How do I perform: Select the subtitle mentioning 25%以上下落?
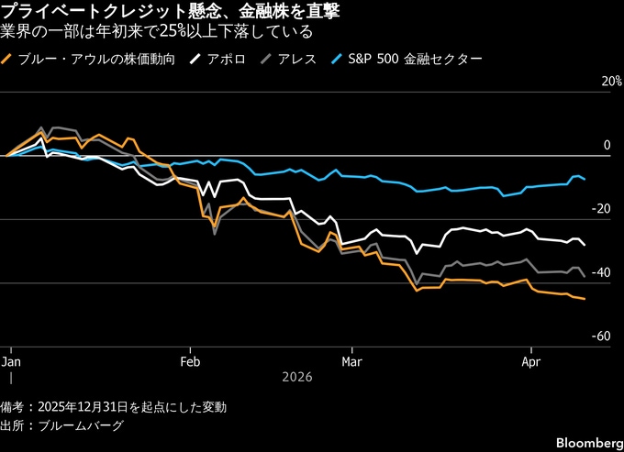156,32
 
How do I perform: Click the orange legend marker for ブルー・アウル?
9,60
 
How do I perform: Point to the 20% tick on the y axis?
599,82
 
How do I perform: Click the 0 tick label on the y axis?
607,146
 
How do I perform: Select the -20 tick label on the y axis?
601,210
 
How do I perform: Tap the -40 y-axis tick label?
601,273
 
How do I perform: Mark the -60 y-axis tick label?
601,337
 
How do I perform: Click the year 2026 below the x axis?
296,377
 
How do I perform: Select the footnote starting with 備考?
114,406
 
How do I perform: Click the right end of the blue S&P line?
585,179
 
